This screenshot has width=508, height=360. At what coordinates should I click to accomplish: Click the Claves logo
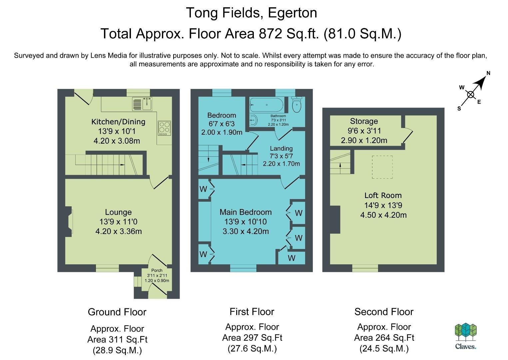pyautogui.click(x=466, y=336)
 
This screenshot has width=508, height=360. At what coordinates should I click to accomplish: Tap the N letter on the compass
pyautogui.click(x=488, y=73)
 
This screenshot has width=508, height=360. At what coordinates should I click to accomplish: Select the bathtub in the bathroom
pyautogui.click(x=266, y=105)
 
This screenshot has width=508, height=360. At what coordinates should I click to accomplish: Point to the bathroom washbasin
pyautogui.click(x=254, y=120)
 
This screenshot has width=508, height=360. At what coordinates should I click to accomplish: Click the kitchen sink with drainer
pyautogui.click(x=142, y=104)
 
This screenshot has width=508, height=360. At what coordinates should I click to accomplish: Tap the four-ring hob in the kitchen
pyautogui.click(x=165, y=128)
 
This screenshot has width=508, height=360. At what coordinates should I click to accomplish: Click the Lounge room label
pyautogui.click(x=118, y=212)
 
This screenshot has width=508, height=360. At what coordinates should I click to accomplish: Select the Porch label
pyautogui.click(x=157, y=270)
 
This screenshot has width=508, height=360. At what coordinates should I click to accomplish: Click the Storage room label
pyautogui.click(x=364, y=121)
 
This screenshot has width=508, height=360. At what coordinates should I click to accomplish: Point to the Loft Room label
pyautogui.click(x=383, y=195)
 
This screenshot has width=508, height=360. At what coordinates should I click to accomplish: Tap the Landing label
pyautogui.click(x=281, y=148)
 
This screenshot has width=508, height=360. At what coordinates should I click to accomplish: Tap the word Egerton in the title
pyautogui.click(x=292, y=13)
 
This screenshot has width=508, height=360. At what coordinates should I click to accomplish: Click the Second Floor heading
pyautogui.click(x=384, y=312)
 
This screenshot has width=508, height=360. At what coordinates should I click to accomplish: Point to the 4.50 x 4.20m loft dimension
pyautogui.click(x=383, y=215)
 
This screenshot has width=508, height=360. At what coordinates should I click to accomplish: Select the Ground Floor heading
pyautogui.click(x=117, y=312)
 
